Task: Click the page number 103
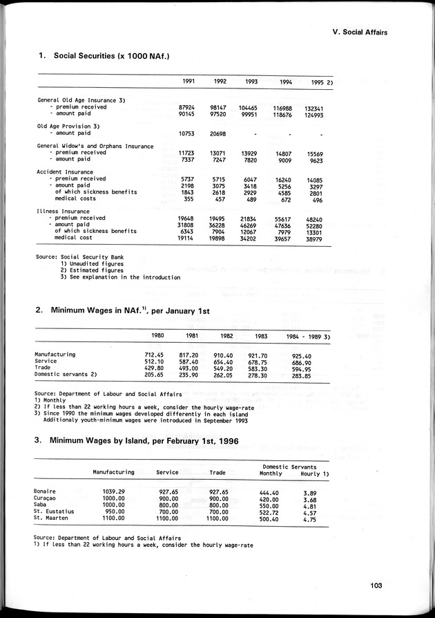click(x=376, y=587)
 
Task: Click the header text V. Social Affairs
click(x=360, y=32)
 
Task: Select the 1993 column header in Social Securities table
click(x=251, y=82)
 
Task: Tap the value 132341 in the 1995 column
click(x=314, y=109)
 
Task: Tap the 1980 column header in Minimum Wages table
click(x=157, y=337)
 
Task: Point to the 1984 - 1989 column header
click(x=309, y=337)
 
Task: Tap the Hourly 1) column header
click(x=314, y=474)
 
